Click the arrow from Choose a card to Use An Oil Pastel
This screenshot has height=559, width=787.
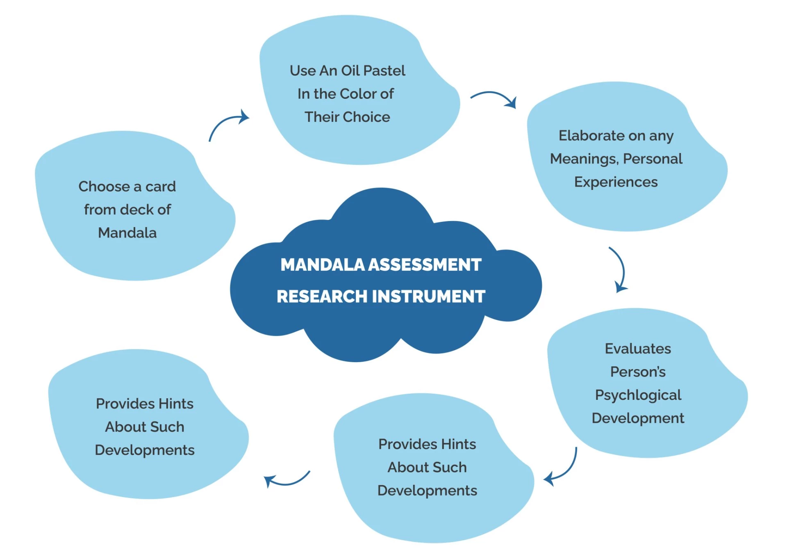[227, 124]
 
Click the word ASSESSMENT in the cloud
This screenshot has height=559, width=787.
[425, 265]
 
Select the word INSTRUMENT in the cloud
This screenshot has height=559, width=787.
[429, 297]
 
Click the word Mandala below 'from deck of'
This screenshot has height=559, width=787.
[127, 233]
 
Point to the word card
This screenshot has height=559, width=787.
[160, 187]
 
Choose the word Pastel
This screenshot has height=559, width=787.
[384, 71]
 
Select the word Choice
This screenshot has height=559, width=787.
[367, 117]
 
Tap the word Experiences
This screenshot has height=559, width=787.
[616, 182]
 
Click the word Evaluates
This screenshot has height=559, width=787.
[638, 349]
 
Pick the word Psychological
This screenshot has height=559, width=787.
[638, 395]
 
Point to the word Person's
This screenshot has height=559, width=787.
[638, 372]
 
